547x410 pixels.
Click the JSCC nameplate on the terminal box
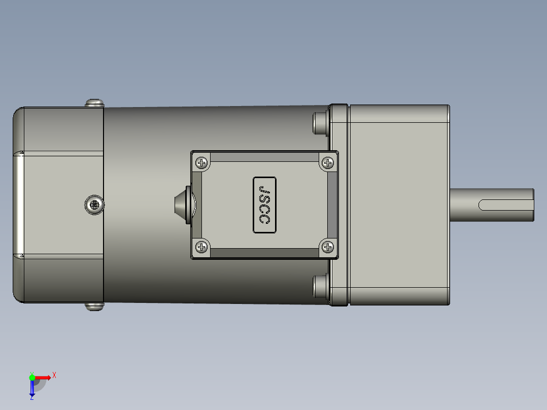click(x=264, y=205)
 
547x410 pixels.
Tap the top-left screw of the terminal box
click(x=202, y=163)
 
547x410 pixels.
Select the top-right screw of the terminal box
click(x=328, y=163)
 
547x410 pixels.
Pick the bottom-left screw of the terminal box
click(x=202, y=247)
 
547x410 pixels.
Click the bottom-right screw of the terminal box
click(x=328, y=247)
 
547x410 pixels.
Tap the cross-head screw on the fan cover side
click(x=94, y=204)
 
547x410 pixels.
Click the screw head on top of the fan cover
click(x=94, y=103)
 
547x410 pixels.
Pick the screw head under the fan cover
click(x=94, y=306)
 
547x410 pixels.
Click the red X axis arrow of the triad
click(x=45, y=377)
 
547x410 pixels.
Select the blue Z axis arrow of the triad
click(x=32, y=389)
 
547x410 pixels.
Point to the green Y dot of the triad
click(x=32, y=377)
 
